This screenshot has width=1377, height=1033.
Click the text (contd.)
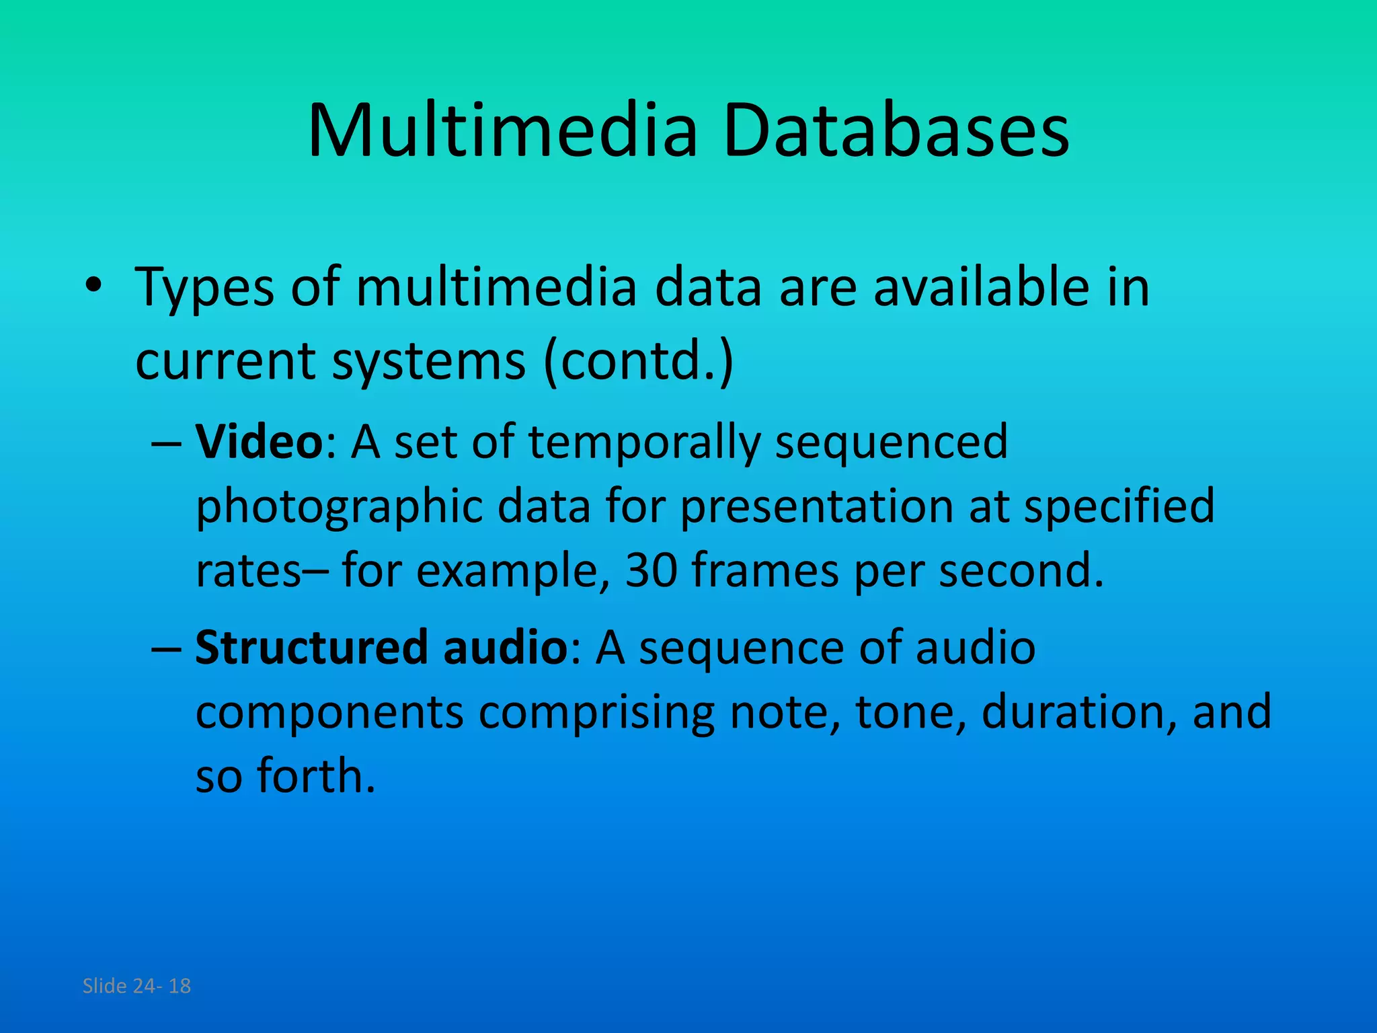639,361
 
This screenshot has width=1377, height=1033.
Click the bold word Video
260,442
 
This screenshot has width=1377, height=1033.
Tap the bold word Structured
311,647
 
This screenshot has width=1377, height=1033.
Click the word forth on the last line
315,775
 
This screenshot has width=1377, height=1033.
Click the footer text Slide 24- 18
136,986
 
